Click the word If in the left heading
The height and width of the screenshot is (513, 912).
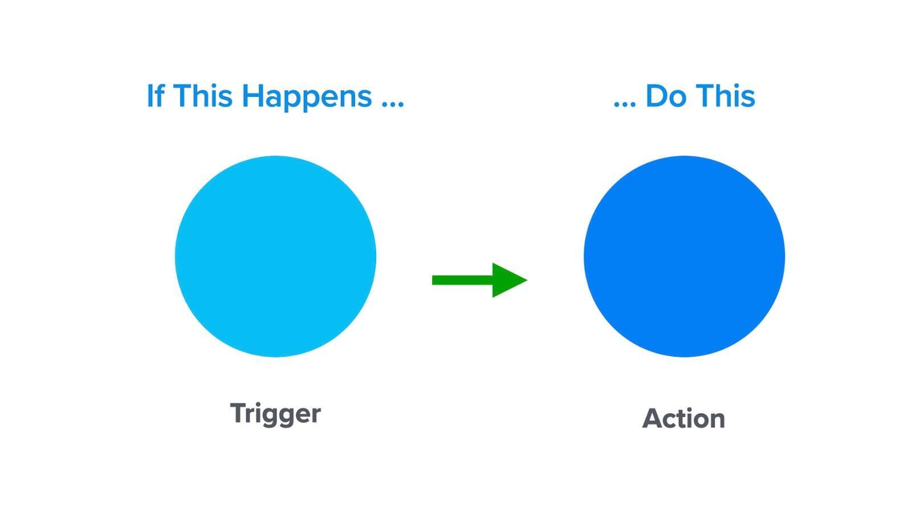(x=156, y=96)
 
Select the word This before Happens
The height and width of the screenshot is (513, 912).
(x=203, y=96)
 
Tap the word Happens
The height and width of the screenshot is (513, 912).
(x=307, y=97)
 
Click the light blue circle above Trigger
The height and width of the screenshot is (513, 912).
(x=276, y=256)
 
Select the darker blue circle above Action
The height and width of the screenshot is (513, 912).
(x=685, y=256)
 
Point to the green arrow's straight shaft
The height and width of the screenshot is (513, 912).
(x=462, y=280)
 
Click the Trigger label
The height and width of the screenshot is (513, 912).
(x=276, y=414)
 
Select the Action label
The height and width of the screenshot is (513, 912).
(x=683, y=418)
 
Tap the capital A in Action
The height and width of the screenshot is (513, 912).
(x=653, y=418)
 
